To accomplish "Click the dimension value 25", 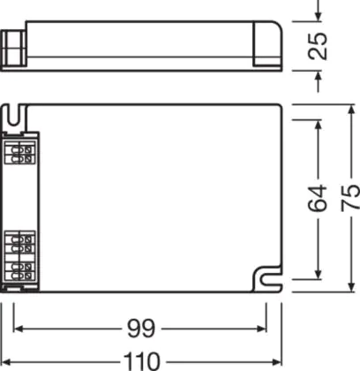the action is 317,46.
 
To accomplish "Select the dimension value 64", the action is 317,198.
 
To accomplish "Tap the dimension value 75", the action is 350,198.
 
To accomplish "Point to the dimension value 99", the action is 141,329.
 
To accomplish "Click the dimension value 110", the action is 141,361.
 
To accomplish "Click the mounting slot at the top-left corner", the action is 13,115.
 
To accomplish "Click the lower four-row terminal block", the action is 20,256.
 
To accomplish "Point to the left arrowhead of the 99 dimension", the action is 19,329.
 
